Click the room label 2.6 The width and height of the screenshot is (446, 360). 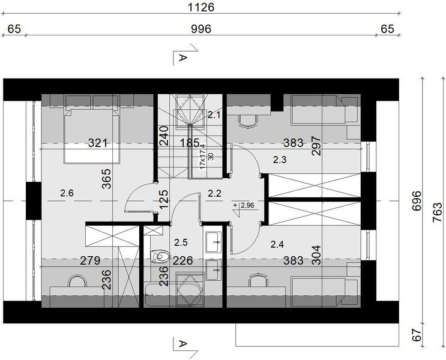click(x=68, y=193)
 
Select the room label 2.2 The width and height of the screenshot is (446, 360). click(x=214, y=193)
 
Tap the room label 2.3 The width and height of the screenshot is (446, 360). click(x=280, y=160)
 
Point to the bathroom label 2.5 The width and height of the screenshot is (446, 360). click(x=181, y=242)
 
